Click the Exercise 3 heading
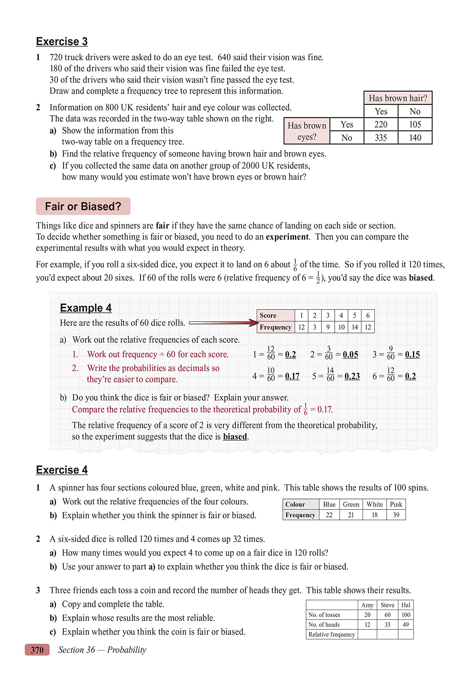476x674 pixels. coord(62,41)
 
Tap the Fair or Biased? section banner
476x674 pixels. coord(83,206)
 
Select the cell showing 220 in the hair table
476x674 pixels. coord(381,125)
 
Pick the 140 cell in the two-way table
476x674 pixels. coord(415,138)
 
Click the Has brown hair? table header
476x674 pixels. coord(398,98)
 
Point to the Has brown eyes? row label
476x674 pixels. coord(307,131)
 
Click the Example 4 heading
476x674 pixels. coord(86,308)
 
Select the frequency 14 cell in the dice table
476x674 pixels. coord(355,327)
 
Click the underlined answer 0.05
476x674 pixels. coord(351,355)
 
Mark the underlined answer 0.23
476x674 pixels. coord(352,376)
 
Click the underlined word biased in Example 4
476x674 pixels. coord(235,437)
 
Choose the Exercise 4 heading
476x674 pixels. coord(62,470)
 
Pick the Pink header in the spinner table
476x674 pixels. coord(396,504)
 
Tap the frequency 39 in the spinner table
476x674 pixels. coord(396,515)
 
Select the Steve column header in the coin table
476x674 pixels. coord(387,605)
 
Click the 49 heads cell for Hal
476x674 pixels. coord(406,625)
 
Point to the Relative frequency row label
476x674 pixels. coord(331,634)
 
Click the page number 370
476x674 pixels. coord(37,650)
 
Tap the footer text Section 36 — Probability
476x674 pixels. coord(102,650)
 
